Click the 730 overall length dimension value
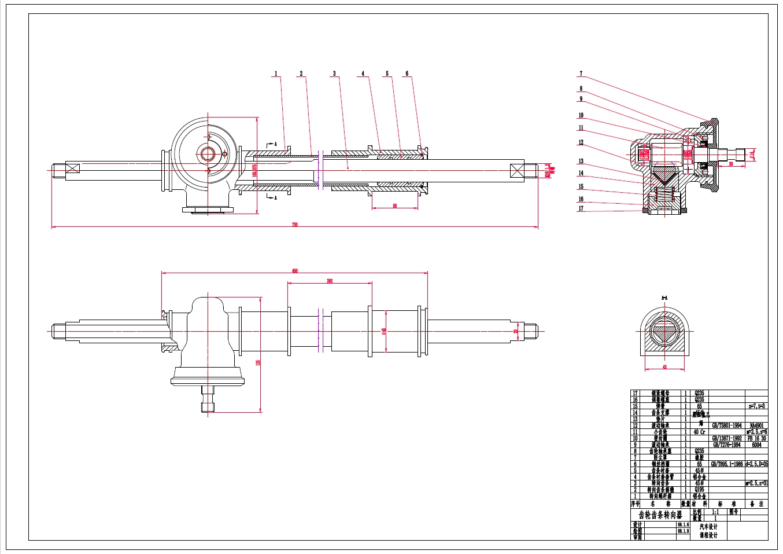tap(295, 225)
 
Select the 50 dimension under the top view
tap(395, 206)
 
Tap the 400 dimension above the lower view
tap(294, 270)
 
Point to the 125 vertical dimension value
tap(258, 362)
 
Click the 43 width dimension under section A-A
tap(664, 367)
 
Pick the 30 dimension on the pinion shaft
tap(730, 164)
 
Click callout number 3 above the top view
tap(334, 74)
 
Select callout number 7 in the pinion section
tap(581, 74)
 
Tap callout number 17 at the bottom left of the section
tap(581, 208)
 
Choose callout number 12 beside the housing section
tap(581, 142)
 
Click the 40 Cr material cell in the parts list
tap(699, 432)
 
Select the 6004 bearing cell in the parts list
tap(756, 445)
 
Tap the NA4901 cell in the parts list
tap(756, 425)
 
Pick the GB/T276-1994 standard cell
tap(727, 445)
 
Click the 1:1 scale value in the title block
tap(715, 512)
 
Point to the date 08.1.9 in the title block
tap(683, 531)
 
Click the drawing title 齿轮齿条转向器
tap(660, 515)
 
